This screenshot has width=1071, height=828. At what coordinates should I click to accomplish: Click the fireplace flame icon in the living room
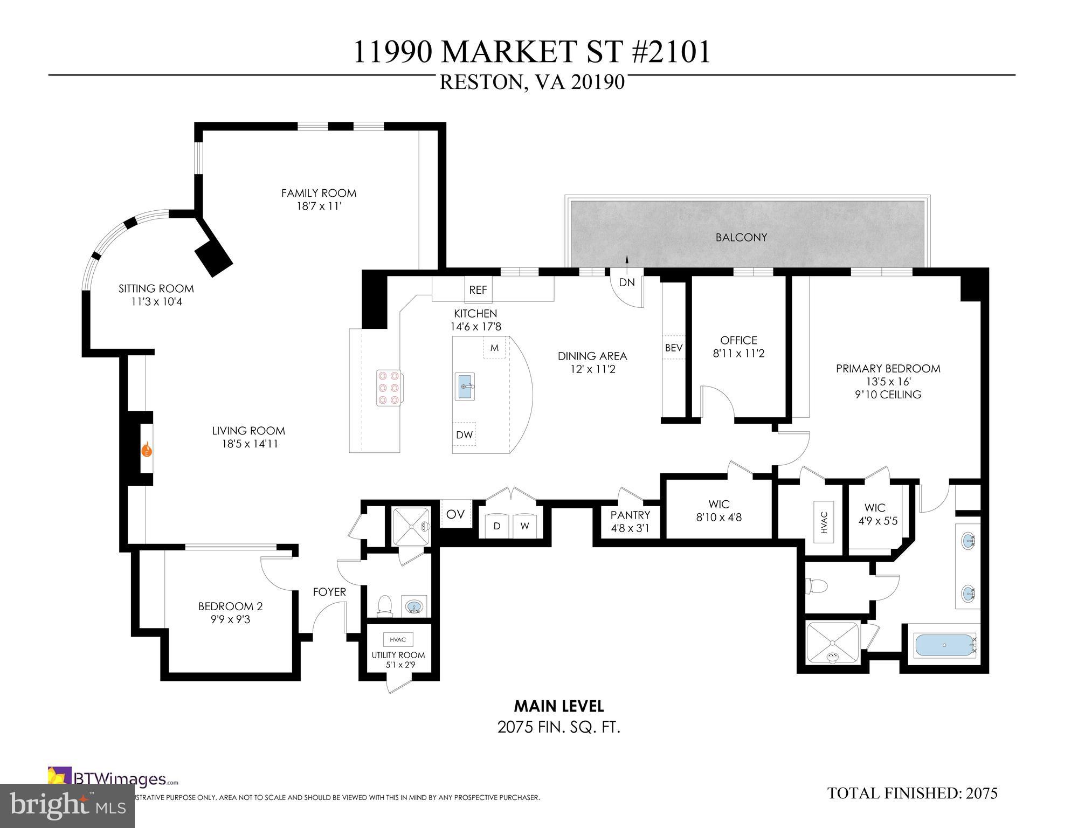point(146,450)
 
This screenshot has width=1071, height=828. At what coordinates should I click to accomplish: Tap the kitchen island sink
point(465,386)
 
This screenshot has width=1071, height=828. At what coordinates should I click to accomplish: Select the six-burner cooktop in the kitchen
point(389,388)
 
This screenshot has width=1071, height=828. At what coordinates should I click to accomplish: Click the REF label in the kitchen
point(478,290)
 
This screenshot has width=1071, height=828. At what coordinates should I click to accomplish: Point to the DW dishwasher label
point(464,435)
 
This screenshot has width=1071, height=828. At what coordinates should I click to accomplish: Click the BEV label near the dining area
point(674,348)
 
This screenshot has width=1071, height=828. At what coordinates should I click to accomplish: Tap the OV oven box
point(455,514)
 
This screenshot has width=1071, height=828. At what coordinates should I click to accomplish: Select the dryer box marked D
point(497,526)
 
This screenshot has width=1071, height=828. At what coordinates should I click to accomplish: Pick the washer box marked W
point(524,526)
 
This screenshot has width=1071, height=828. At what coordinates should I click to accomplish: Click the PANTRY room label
point(630,515)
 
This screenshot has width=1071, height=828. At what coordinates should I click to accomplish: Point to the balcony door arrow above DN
point(627,260)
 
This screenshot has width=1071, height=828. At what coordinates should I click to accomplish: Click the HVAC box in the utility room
point(398,639)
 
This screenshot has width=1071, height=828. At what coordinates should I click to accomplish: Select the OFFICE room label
point(738,340)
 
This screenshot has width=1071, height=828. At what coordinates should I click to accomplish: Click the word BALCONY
point(741,237)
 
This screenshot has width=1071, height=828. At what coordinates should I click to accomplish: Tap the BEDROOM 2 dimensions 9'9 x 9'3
point(230,619)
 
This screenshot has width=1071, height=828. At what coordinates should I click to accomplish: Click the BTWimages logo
point(113,779)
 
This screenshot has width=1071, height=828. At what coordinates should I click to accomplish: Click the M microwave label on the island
point(494,348)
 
